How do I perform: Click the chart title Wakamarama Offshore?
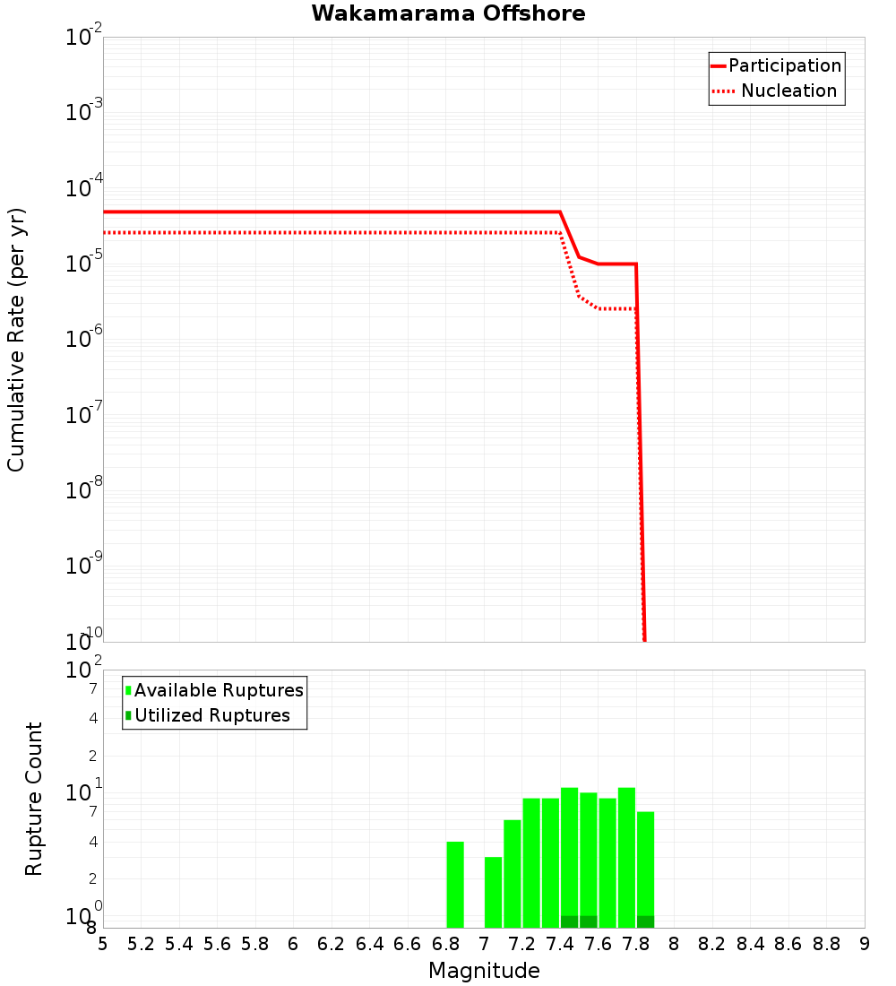[x=448, y=13]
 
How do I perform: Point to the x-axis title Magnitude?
[x=484, y=971]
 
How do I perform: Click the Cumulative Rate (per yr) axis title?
[x=16, y=339]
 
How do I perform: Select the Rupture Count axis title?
[x=34, y=799]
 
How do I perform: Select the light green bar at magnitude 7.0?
[x=493, y=892]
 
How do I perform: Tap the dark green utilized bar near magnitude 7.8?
[x=645, y=921]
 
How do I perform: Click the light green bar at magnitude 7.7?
[x=626, y=856]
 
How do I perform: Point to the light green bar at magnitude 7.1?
[x=513, y=874]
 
